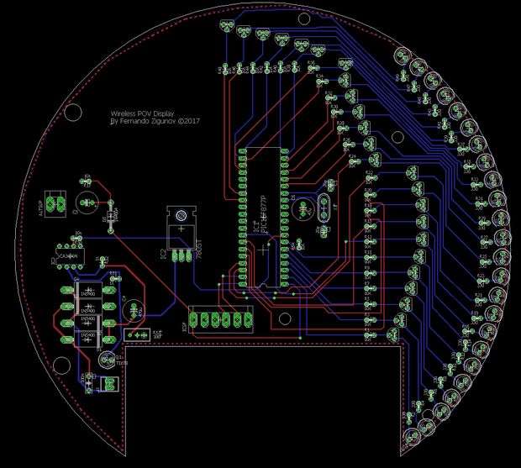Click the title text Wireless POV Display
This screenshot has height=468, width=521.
144,111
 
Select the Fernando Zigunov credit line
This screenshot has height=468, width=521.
156,120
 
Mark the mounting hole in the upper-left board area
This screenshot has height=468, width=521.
73,112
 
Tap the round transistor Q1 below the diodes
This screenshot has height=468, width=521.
106,360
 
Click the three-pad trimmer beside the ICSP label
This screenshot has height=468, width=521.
133,334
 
